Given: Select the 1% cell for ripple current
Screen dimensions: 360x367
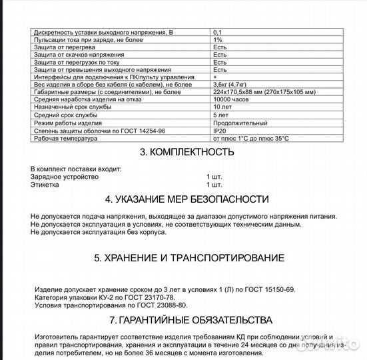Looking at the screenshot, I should coord(217,40).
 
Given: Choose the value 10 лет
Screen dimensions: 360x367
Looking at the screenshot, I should coord(222,107).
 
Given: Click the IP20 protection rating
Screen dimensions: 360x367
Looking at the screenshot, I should coord(219,131).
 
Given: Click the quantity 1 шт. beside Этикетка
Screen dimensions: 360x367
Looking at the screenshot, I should coord(214,185).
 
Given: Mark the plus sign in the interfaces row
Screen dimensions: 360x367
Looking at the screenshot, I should coord(214,77).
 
